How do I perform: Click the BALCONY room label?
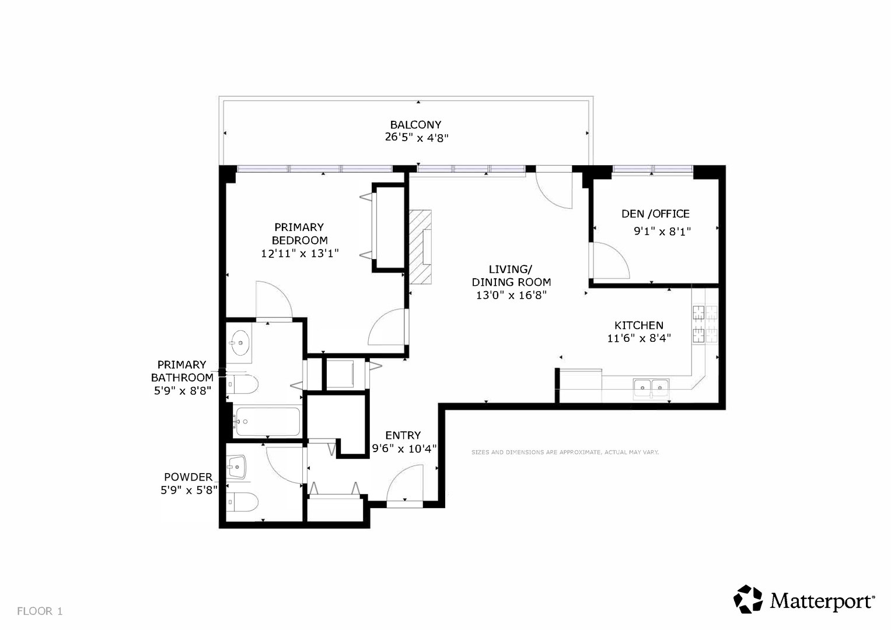point(415,125)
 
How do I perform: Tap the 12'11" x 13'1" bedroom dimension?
point(300,253)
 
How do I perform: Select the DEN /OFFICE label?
point(655,214)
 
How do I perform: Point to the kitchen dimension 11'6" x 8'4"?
point(639,338)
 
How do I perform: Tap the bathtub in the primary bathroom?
point(267,421)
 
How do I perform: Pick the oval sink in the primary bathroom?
point(239,342)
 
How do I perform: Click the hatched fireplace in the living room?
point(421,247)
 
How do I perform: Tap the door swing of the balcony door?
point(554,191)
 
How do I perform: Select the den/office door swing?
point(610,260)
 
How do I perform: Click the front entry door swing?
point(404,482)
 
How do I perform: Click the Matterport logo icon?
point(748,599)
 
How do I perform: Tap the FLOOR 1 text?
point(40,611)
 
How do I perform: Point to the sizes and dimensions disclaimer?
point(565,452)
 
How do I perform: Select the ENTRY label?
point(403,436)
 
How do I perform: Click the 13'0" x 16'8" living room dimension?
point(512,295)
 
